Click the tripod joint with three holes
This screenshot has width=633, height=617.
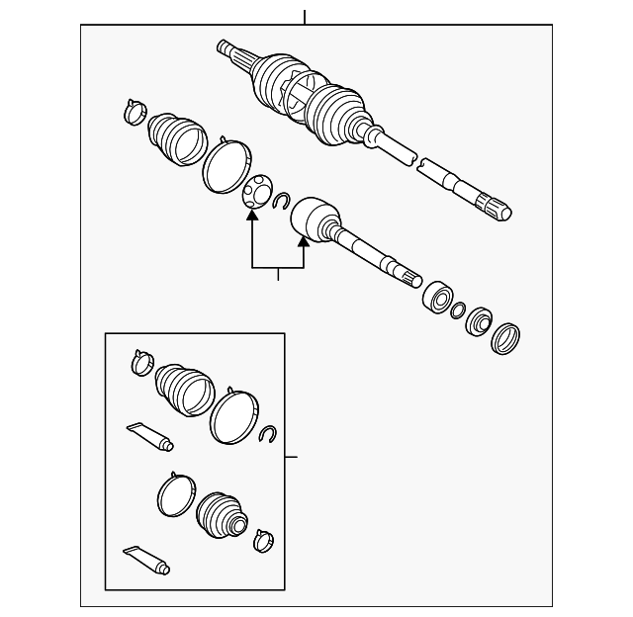pyautogui.click(x=256, y=189)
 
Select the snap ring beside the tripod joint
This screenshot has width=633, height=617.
pyautogui.click(x=281, y=202)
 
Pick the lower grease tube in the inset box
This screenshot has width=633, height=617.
pyautogui.click(x=146, y=559)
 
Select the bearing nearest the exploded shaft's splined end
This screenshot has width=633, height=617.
pyautogui.click(x=435, y=296)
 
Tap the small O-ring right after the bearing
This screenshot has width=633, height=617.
pyautogui.click(x=458, y=310)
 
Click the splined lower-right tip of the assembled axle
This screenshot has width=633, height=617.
pyautogui.click(x=496, y=207)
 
